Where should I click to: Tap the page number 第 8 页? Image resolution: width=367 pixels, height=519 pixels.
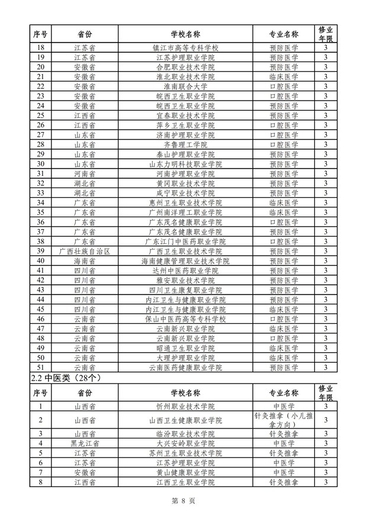click(183, 501)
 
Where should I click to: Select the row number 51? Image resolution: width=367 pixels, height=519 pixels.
click(41, 368)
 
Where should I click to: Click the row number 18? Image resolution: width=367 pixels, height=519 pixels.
click(41, 47)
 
